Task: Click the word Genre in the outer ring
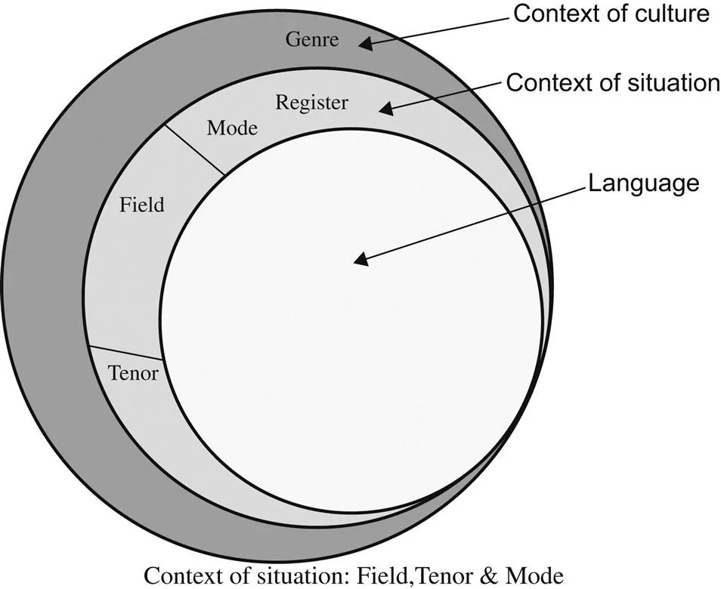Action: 311,40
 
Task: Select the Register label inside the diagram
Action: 311,102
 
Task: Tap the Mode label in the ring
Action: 232,128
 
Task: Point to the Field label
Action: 142,203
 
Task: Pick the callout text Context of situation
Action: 612,83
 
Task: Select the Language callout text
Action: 644,183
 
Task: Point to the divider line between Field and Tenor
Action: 125,353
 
